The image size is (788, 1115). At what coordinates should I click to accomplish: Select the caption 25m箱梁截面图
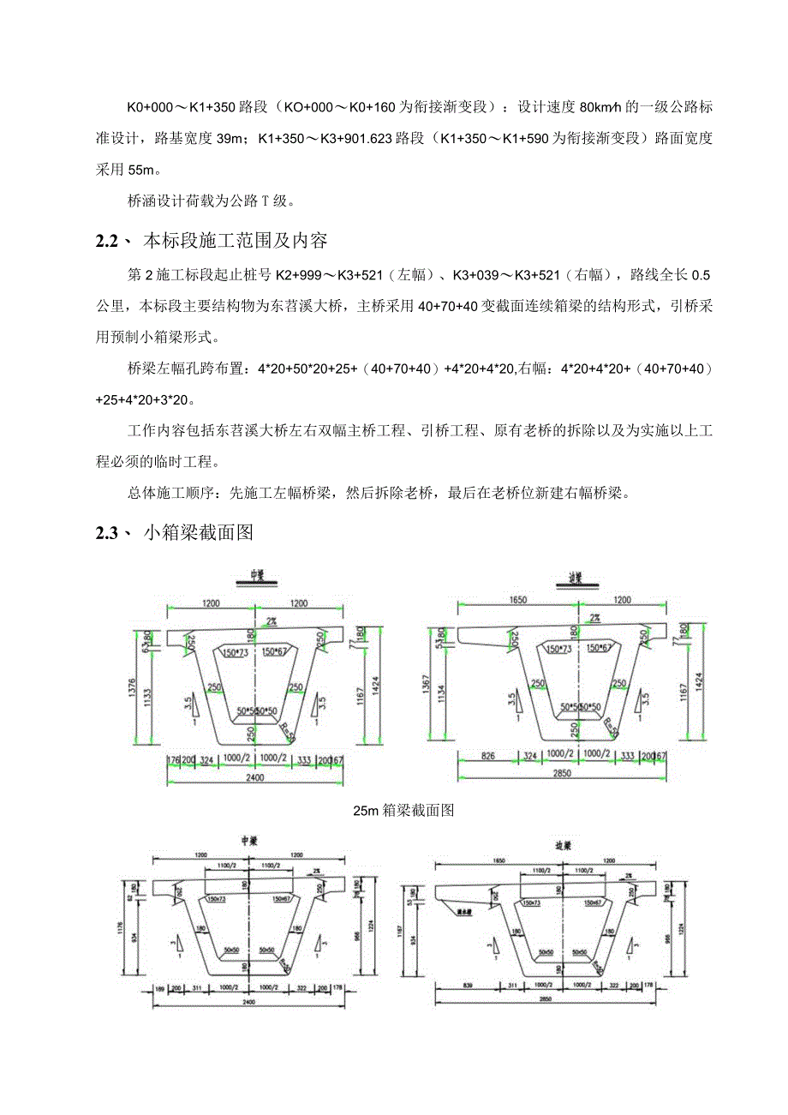403,809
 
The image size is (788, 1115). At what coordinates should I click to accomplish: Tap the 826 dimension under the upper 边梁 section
489,757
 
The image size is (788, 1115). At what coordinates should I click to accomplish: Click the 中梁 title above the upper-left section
254,575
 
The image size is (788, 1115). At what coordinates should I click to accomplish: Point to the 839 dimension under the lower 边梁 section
469,986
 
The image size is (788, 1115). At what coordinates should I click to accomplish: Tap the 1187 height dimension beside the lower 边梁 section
409,929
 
